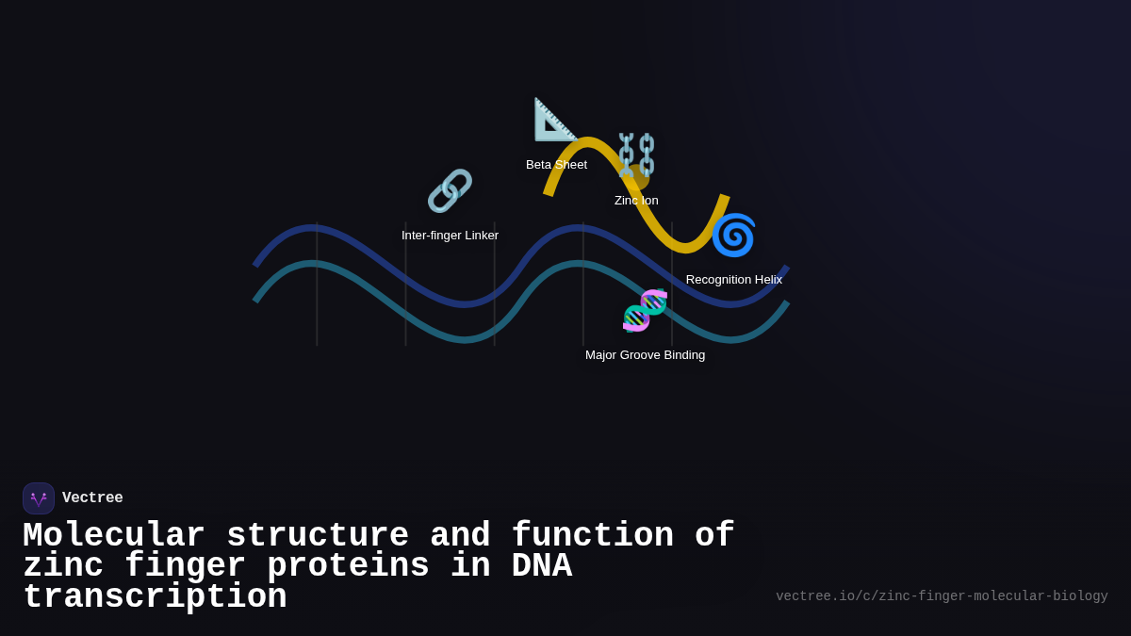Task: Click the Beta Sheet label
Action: tap(556, 165)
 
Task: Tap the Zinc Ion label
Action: tap(636, 201)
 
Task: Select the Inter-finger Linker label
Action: tap(450, 236)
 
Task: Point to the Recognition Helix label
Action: tap(733, 280)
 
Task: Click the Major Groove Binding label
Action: tap(645, 355)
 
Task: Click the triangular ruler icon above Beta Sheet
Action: tap(555, 120)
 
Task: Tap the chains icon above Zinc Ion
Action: tap(636, 155)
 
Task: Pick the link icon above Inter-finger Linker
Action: tap(450, 191)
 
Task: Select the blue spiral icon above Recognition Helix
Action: tap(733, 235)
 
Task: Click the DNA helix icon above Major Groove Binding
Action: tap(645, 311)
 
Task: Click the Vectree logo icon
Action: tap(39, 498)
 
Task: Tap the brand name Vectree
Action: tap(92, 498)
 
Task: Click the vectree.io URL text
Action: tap(942, 596)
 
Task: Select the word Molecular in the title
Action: tap(114, 536)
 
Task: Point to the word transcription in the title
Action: tap(155, 597)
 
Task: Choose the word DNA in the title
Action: tap(541, 566)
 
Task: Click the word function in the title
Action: tap(593, 536)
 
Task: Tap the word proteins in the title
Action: tap(348, 566)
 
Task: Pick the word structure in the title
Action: tap(318, 536)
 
